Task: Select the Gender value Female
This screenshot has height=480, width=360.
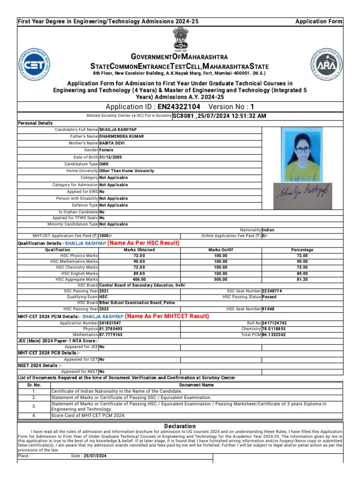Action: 106,150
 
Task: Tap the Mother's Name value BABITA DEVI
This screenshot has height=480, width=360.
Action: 112,143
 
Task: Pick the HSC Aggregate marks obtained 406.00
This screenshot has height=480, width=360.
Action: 139,279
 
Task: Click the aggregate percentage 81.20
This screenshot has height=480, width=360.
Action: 302,279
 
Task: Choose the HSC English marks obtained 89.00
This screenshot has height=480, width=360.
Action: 139,273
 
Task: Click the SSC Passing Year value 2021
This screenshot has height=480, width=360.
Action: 104,291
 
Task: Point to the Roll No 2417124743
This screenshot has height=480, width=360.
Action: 274,323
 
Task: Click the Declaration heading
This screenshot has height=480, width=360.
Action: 180,426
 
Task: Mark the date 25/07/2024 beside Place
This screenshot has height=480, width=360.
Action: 95,456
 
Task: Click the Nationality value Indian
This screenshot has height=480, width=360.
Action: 269,230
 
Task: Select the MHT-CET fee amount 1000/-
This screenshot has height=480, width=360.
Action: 106,236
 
